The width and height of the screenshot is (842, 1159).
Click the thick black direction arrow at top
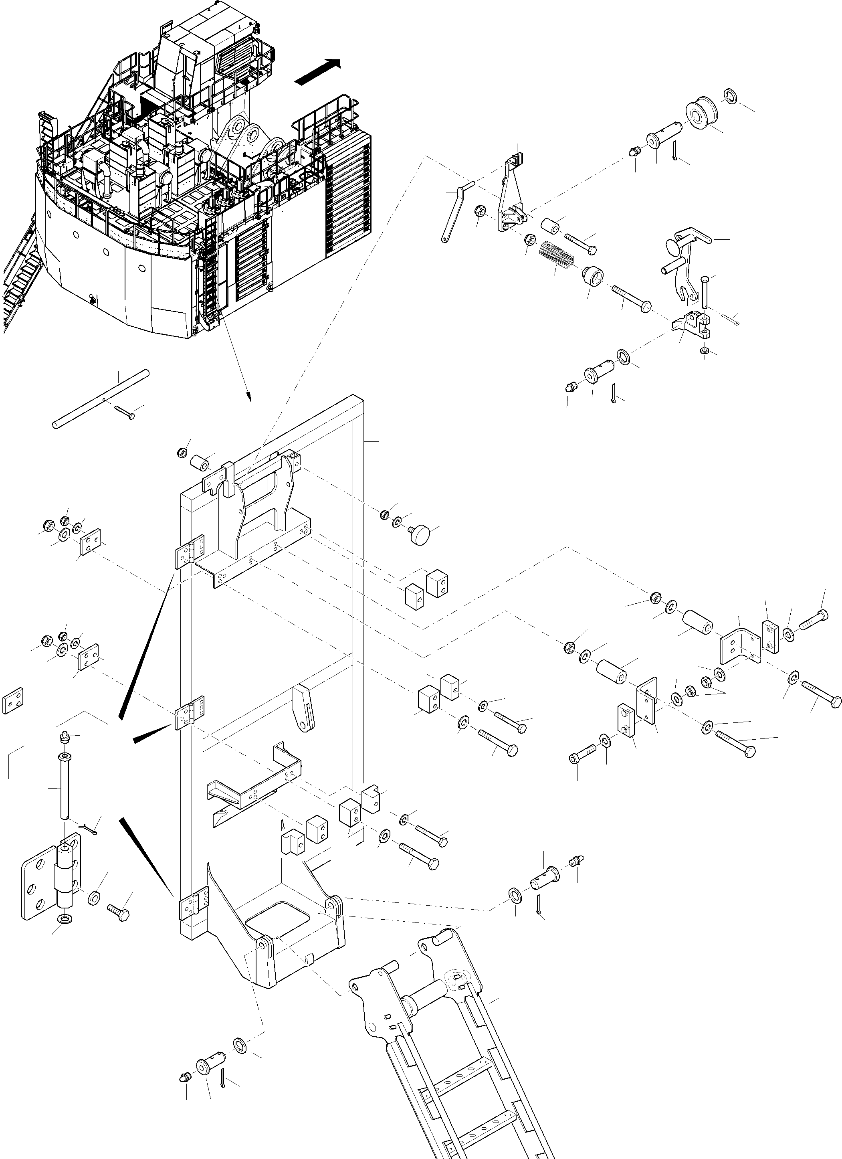(317, 71)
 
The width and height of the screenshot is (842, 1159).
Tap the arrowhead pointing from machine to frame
(249, 396)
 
